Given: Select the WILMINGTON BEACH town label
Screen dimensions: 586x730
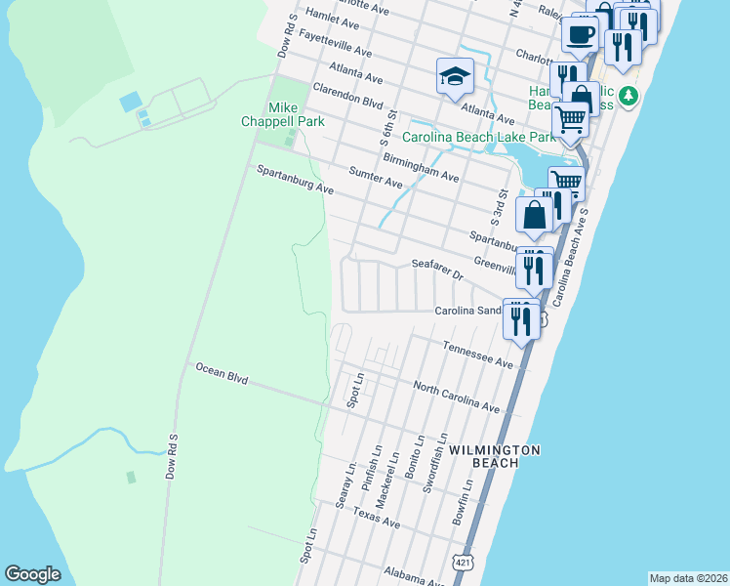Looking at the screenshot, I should (495, 449).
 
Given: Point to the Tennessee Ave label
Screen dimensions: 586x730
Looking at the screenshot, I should (477, 355).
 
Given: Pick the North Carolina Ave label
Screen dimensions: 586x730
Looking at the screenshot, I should (456, 397).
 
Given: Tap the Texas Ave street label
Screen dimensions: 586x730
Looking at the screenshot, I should (377, 518).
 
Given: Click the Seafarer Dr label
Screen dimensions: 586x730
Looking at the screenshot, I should (436, 269).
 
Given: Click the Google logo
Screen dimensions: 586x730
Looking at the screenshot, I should (32, 574).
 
